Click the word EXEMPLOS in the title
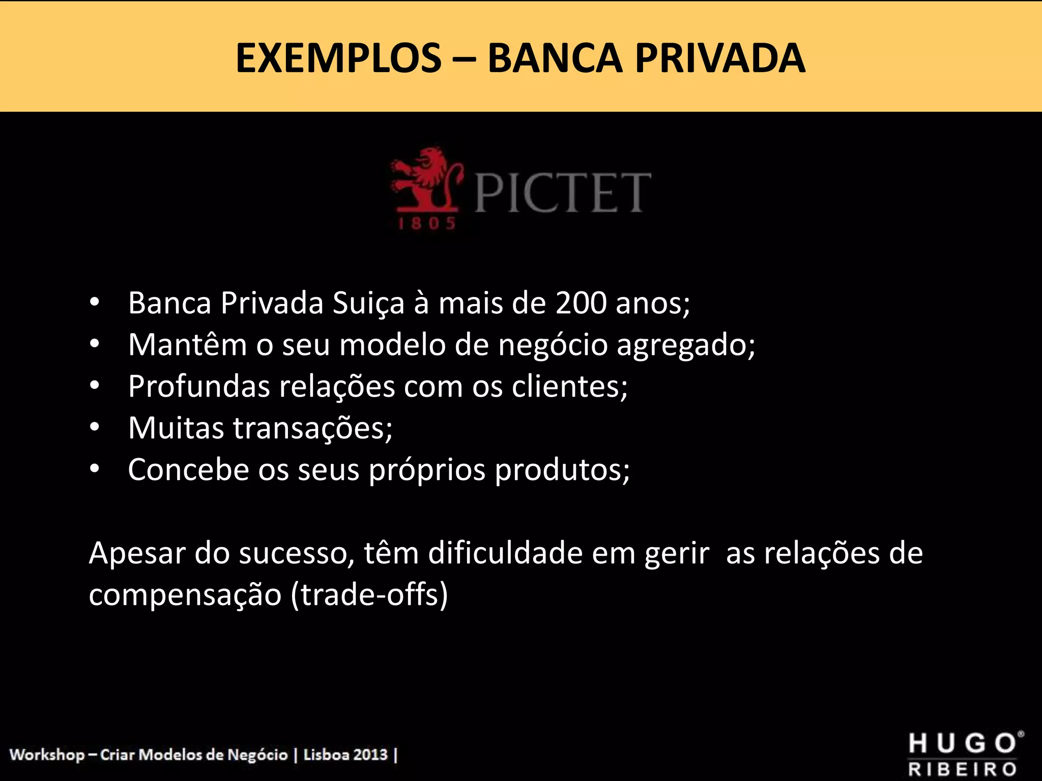(338, 58)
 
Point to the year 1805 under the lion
(426, 224)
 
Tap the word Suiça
(368, 304)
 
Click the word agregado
(686, 346)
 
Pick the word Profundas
(199, 386)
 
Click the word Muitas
(176, 428)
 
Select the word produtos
(562, 470)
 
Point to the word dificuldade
(505, 553)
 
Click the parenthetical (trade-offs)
(369, 594)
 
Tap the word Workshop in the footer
(47, 755)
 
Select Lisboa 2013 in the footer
(345, 755)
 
